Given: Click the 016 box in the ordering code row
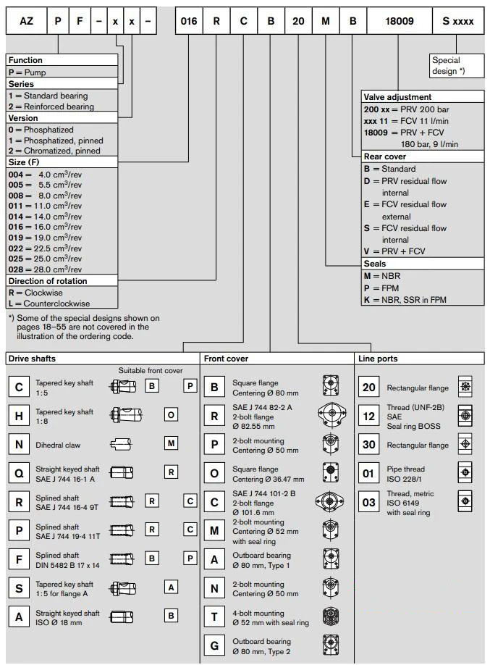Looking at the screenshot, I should click(x=189, y=22).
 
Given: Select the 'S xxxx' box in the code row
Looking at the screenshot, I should click(x=458, y=22).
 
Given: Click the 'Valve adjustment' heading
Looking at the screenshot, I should click(x=397, y=96).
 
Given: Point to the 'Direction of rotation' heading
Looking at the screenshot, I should click(x=48, y=280).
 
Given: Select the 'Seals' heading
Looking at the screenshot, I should click(x=375, y=264).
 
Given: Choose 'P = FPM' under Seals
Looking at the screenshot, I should click(x=381, y=288).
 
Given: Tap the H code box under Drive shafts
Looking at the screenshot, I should click(x=20, y=415).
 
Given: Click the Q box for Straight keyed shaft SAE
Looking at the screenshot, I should click(x=20, y=472).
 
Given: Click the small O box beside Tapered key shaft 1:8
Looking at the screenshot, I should click(x=172, y=415).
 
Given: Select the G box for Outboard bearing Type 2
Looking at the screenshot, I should click(x=214, y=645).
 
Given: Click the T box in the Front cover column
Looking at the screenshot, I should click(x=214, y=617).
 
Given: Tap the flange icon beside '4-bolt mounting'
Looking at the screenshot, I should click(x=330, y=616).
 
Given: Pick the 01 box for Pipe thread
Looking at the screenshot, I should click(x=369, y=473).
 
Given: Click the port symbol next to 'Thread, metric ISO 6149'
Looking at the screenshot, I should click(x=465, y=501).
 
